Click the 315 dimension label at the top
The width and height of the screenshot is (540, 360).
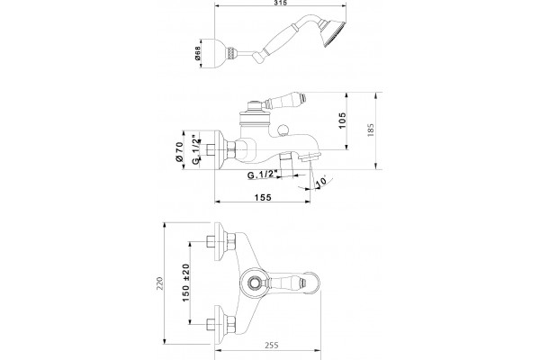[x=281, y=3]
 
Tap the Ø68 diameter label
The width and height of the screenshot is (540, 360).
[x=198, y=54]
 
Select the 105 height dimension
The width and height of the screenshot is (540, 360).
[x=342, y=121]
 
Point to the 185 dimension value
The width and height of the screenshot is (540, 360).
[x=371, y=130]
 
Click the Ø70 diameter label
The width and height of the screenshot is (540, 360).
[x=179, y=151]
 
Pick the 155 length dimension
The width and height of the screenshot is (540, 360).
[x=263, y=197]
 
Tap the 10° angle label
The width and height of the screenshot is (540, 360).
[x=320, y=182]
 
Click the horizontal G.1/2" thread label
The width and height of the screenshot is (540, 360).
[x=262, y=175]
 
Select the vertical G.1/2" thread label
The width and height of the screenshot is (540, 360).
[x=195, y=150]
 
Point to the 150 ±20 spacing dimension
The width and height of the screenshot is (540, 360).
[x=186, y=283]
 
